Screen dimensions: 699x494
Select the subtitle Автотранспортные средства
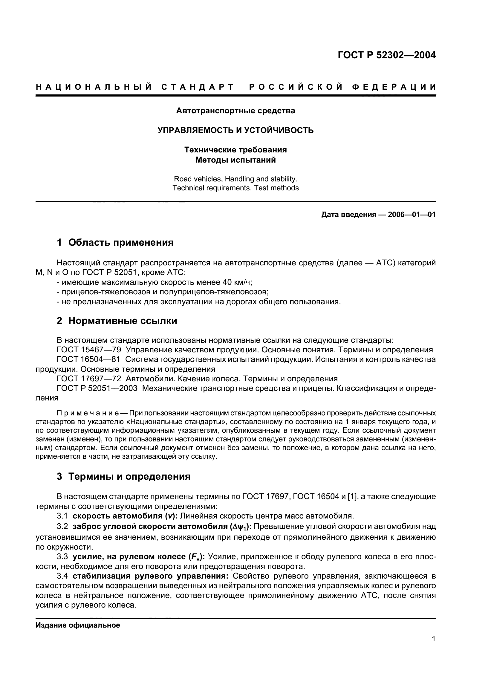click(x=235, y=111)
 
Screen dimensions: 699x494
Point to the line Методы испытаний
click(x=235, y=160)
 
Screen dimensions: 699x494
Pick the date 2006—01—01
click(x=412, y=215)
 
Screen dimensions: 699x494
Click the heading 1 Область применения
click(x=115, y=243)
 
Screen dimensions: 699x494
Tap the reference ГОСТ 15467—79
click(x=89, y=350)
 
